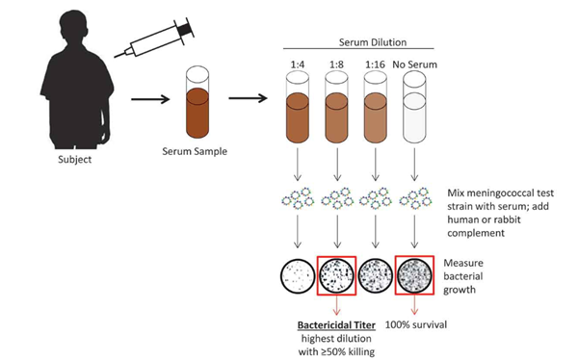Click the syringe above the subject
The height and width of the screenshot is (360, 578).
coord(154,39)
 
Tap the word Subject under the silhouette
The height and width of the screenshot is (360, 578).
coord(75,160)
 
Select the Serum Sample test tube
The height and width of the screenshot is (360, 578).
coord(197,102)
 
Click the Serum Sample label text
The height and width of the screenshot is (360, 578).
coord(195,151)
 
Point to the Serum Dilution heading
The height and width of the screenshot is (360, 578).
coord(373,42)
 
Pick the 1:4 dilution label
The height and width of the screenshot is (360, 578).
coord(298,64)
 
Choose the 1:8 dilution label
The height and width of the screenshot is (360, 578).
coord(336,64)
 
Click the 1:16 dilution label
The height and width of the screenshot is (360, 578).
coord(376,64)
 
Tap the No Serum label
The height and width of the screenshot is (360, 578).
coord(414,64)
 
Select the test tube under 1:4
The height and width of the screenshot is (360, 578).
coord(298,107)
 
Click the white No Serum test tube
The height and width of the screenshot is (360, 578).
coord(414,107)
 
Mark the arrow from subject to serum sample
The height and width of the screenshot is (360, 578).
coord(150,99)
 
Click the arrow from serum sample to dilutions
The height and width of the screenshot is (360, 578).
coord(248,98)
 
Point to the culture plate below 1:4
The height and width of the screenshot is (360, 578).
coord(298,276)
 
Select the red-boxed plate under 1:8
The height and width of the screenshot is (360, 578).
coord(336,276)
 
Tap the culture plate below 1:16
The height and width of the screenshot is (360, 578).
coord(376,276)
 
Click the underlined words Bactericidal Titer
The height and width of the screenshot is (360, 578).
coord(336,325)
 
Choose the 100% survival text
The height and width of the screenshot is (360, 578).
coord(416,325)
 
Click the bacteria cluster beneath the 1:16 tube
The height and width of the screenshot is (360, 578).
coord(376,198)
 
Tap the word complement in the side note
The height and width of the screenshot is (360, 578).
coord(476,233)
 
